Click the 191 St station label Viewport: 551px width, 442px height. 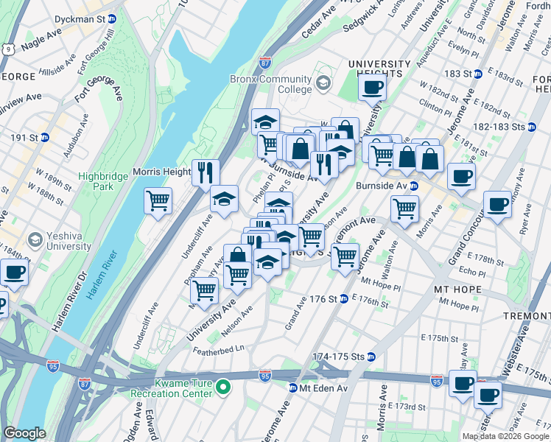tap(29, 137)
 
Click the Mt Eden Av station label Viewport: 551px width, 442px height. tap(316, 387)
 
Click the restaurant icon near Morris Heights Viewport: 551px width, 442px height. tap(206, 173)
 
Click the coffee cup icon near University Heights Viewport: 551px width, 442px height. tap(373, 88)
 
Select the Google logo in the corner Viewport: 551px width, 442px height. tap(25, 433)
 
